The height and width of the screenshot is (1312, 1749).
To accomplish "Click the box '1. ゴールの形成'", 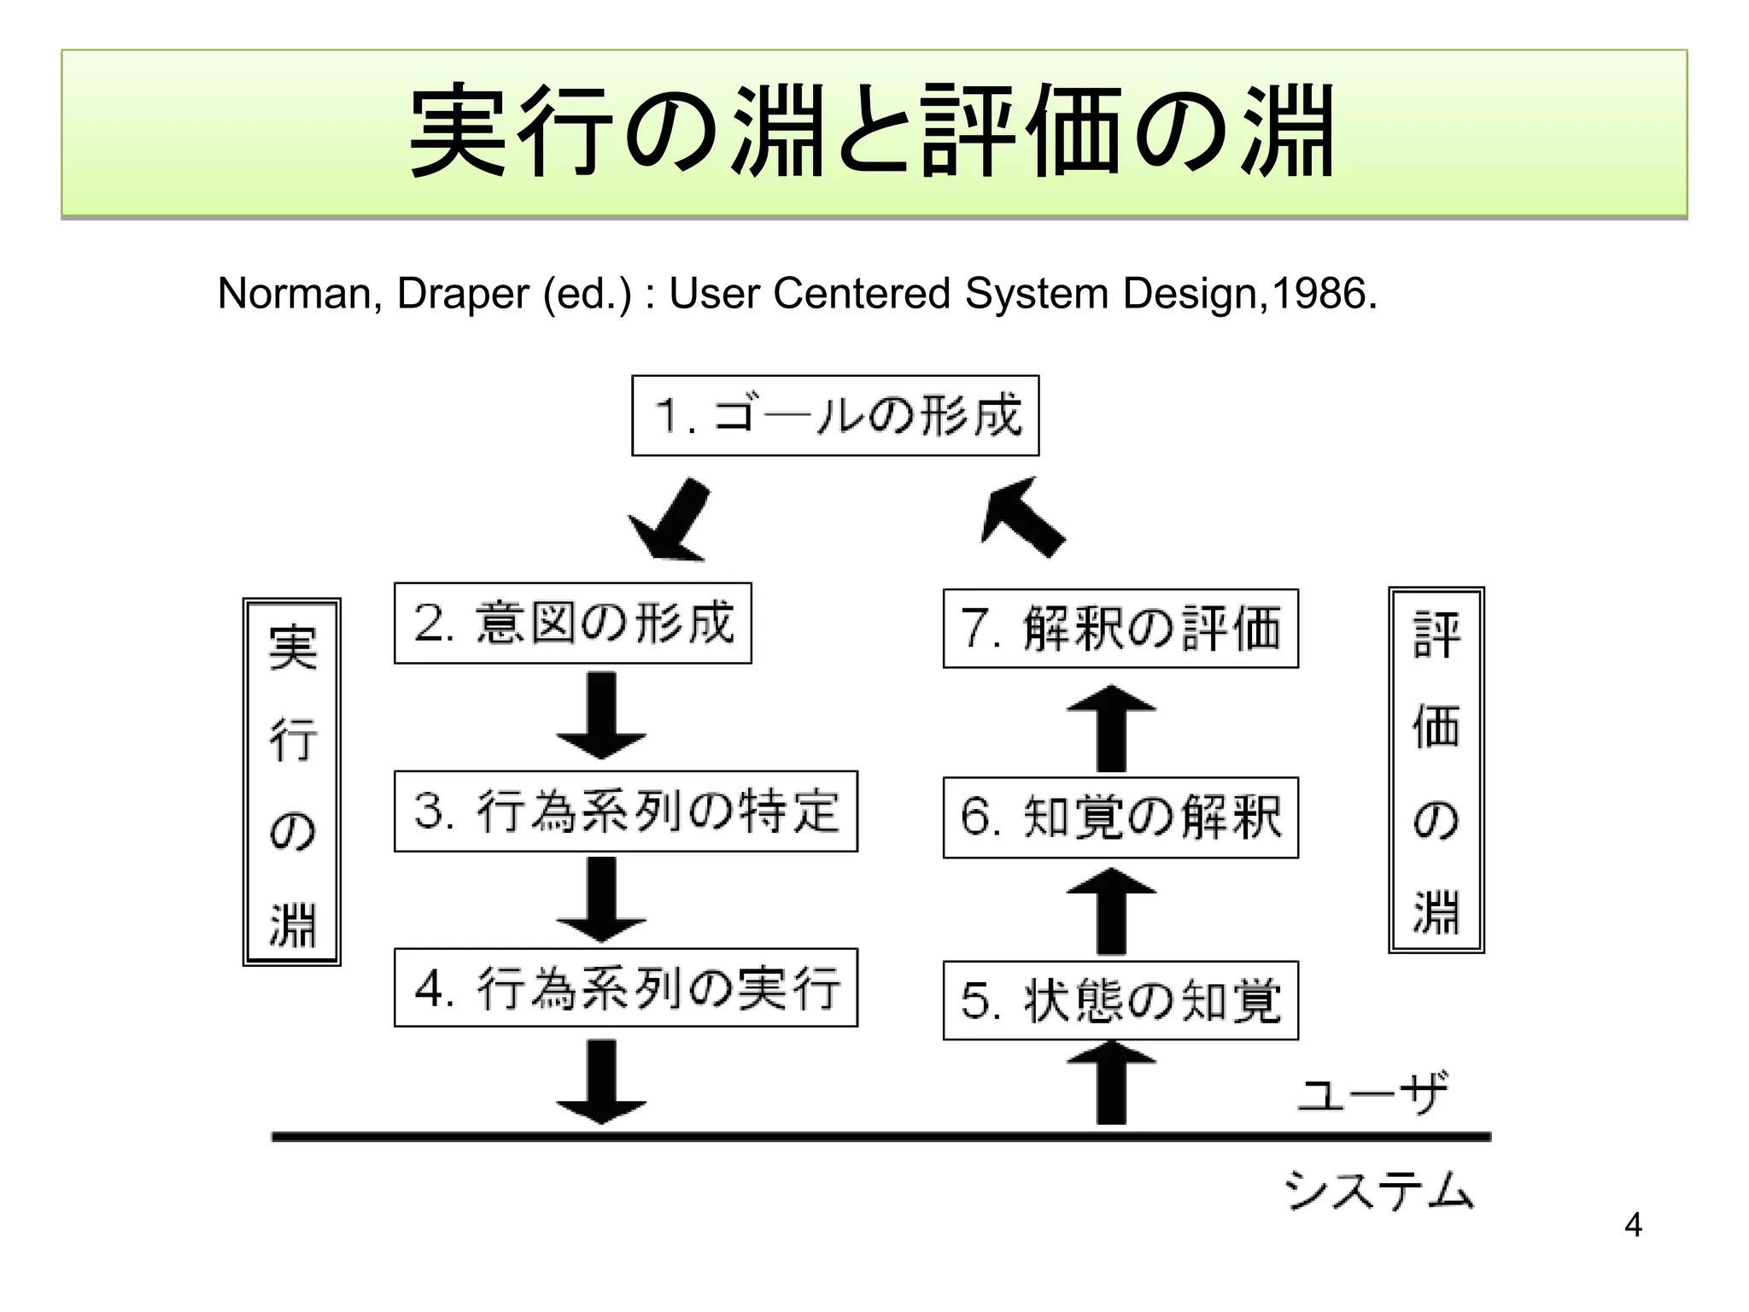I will (834, 415).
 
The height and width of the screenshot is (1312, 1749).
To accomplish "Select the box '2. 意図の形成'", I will (572, 623).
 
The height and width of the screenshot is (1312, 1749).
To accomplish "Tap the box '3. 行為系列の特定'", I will (625, 811).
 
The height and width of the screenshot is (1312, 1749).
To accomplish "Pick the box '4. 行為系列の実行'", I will (625, 987).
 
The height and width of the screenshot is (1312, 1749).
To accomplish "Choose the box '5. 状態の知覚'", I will (1120, 1000).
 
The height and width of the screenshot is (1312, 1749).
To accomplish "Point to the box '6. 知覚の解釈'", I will (1120, 817).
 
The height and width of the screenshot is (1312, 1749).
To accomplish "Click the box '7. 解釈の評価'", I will (1120, 628).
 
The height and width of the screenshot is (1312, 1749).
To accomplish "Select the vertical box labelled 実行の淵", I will (292, 782).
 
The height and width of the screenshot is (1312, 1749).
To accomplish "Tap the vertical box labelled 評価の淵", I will (1436, 770).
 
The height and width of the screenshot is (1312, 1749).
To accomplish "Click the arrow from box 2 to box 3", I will (601, 716).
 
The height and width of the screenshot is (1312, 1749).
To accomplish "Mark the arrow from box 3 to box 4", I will (601, 899).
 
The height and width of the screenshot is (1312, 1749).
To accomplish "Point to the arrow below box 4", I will (601, 1081).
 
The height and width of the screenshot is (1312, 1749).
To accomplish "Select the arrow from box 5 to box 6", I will (1111, 911).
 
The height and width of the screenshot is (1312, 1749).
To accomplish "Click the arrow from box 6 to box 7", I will (1111, 728).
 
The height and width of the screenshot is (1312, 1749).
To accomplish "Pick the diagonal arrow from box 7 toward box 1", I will (1021, 516).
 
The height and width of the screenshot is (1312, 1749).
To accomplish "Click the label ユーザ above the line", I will (1372, 1092).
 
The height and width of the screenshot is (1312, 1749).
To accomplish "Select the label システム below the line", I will (1378, 1190).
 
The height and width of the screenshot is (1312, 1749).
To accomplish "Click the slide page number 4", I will (1633, 1225).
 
